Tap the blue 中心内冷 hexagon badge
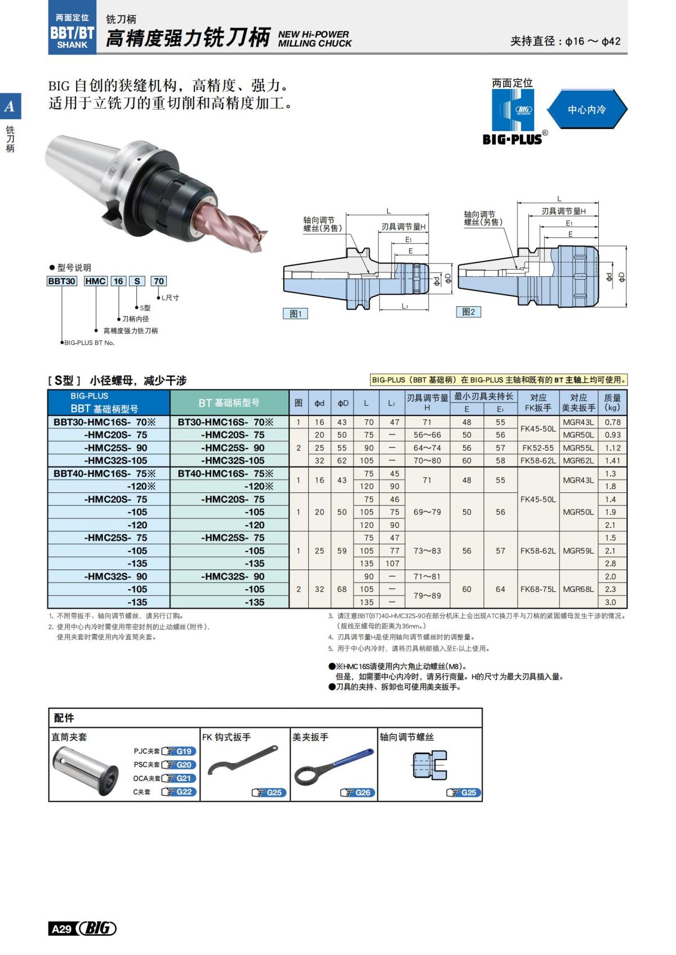point(586,110)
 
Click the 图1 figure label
point(295,313)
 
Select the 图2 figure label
point(468,312)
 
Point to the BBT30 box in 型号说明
point(61,281)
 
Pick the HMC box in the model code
point(95,281)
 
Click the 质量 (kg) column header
point(612,402)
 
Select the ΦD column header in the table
point(343,403)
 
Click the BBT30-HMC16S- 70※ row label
point(104,422)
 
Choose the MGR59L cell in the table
point(578,551)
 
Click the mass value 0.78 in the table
point(612,422)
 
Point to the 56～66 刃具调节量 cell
point(427,435)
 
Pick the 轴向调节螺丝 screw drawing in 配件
point(430,765)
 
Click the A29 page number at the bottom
point(61,929)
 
